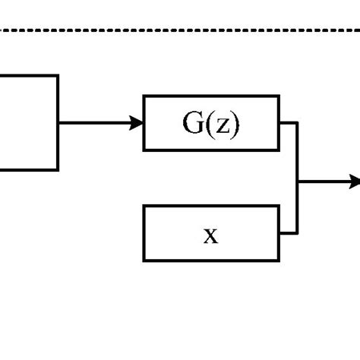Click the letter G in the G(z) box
tap(193, 123)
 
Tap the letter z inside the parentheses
tap(221, 125)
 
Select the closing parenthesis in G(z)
tap(235, 124)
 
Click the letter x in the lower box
tap(210, 235)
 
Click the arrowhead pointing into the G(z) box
tap(137, 122)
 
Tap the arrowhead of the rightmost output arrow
tap(354, 182)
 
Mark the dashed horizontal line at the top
tap(180, 30)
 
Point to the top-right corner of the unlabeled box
tap(58, 75)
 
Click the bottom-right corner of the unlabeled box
tap(58, 169)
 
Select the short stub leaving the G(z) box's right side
tap(288, 122)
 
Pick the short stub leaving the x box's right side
tap(288, 233)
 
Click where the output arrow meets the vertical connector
tap(297, 182)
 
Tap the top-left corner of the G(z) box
tap(144, 96)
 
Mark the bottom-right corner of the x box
tap(279, 261)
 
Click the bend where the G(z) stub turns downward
tap(297, 122)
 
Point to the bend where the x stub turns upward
tap(297, 233)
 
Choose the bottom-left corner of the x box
tap(144, 261)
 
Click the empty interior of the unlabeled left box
tap(27, 122)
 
